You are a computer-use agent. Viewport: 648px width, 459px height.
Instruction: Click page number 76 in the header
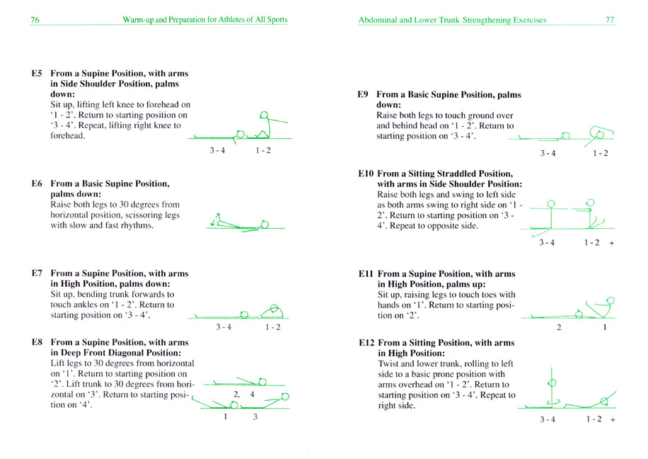35,19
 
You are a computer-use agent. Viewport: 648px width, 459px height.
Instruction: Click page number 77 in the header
610,19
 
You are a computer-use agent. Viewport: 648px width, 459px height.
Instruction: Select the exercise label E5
37,73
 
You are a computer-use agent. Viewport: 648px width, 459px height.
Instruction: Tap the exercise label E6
37,183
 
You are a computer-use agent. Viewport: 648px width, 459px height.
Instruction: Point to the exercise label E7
37,273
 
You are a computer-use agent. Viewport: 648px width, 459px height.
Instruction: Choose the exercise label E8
37,342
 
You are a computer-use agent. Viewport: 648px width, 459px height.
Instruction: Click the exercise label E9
363,94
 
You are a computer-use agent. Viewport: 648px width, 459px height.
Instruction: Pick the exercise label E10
366,174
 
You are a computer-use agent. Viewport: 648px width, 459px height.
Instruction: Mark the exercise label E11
366,273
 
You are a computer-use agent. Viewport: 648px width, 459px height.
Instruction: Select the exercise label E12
366,343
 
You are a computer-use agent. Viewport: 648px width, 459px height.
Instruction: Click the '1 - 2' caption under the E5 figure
263,150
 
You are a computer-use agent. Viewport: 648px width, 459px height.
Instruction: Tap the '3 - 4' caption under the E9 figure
548,153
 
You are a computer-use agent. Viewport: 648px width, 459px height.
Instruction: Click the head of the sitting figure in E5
264,115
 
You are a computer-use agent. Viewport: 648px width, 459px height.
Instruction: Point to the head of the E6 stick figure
265,225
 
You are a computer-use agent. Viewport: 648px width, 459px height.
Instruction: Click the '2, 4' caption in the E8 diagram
244,395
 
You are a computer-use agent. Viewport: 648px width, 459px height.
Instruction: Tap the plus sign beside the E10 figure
612,244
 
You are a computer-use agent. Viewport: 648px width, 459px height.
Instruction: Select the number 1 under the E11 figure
605,327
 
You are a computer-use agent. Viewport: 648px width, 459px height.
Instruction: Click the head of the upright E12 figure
552,382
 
